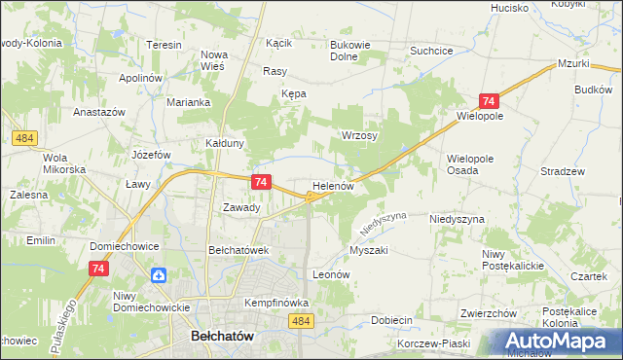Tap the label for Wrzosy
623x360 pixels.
pos(359,135)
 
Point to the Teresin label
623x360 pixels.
pos(165,46)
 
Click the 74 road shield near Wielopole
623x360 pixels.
pos(489,101)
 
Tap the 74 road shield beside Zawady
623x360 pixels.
pos(260,182)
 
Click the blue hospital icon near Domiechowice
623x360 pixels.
pos(158,275)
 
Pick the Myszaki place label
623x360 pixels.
pos(369,250)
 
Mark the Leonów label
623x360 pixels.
pos(330,275)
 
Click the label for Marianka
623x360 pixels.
pos(188,102)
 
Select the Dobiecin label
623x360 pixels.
pos(392,319)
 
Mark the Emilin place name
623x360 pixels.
pos(41,239)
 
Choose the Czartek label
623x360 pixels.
pos(589,276)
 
